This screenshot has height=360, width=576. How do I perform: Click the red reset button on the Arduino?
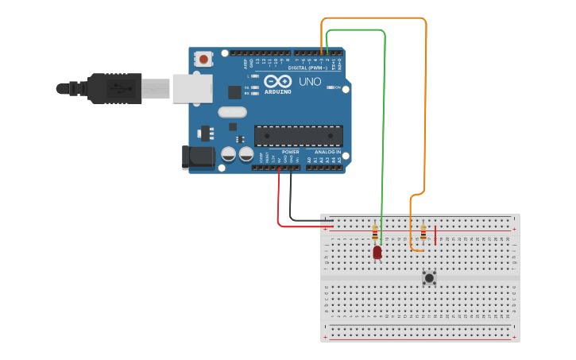tap(204, 59)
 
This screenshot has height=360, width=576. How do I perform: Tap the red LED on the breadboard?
tap(377, 252)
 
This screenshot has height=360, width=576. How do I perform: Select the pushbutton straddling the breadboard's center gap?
tap(429, 277)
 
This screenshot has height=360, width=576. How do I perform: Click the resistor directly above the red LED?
tap(375, 233)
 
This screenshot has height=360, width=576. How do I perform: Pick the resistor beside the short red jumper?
tap(423, 233)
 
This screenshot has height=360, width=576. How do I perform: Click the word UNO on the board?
tap(309, 82)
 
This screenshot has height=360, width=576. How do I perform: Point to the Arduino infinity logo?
tap(278, 82)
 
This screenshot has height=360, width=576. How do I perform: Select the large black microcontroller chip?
tap(299, 136)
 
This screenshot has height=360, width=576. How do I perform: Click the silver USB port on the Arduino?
tap(191, 87)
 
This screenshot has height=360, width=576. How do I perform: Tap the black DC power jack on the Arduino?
tap(199, 157)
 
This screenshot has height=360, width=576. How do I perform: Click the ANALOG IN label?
tap(327, 152)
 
